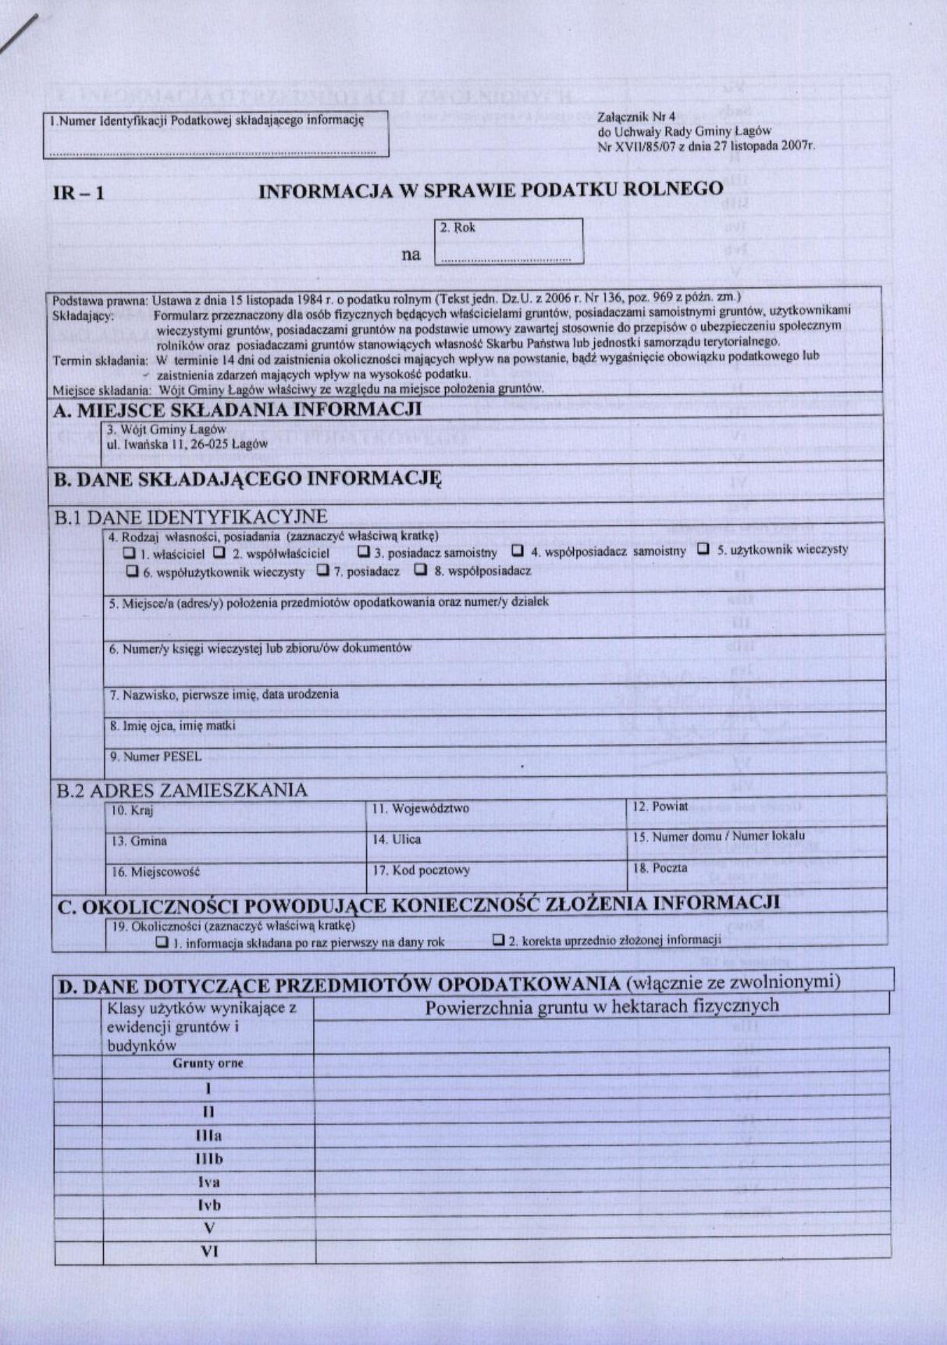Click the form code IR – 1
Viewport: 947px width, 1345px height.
(x=78, y=193)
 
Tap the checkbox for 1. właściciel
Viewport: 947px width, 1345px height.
(x=130, y=553)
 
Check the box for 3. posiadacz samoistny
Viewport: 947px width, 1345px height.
(x=363, y=551)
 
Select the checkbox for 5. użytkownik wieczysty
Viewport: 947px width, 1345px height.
(x=703, y=549)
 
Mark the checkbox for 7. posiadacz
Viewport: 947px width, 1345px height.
(x=322, y=571)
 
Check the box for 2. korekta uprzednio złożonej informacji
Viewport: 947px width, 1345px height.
(x=498, y=940)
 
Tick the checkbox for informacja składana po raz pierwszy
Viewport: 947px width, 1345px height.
(x=162, y=942)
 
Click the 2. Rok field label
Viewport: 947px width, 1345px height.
(x=457, y=228)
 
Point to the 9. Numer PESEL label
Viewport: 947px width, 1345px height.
(x=155, y=756)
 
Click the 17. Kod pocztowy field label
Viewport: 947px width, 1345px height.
(x=421, y=870)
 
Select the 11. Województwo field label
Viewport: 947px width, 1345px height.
(x=420, y=809)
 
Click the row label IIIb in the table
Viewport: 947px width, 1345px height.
(x=208, y=1159)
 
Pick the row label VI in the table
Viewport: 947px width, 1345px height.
(x=209, y=1251)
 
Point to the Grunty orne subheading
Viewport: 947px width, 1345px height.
(x=208, y=1063)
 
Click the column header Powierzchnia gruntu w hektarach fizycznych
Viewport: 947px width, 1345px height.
(x=602, y=1005)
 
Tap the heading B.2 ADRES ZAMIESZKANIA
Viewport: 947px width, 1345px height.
(x=182, y=790)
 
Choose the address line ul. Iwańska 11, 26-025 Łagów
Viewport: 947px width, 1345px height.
(x=187, y=443)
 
